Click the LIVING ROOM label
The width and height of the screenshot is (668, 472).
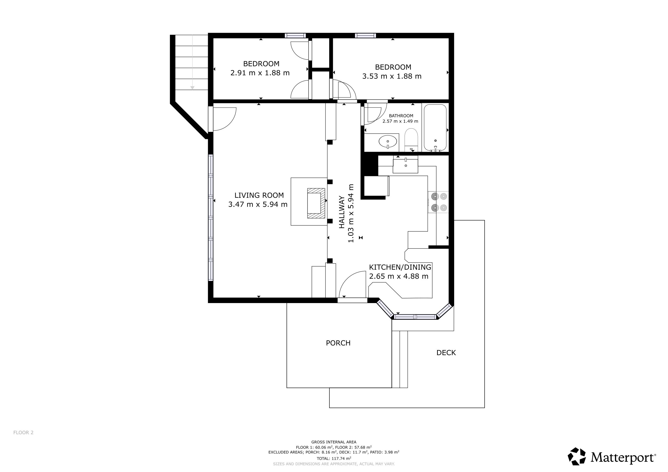point(259,195)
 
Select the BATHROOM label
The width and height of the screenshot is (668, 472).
point(401,116)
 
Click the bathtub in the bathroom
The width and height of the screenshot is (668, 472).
point(435,128)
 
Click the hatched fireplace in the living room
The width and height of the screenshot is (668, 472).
point(316,203)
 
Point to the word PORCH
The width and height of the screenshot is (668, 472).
point(338,343)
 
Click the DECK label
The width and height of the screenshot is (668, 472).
point(446,353)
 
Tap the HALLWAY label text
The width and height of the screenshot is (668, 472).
point(342,212)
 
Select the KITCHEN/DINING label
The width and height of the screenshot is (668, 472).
point(400,267)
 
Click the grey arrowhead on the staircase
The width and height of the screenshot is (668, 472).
point(192,88)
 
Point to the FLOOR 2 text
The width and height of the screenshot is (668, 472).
point(23,432)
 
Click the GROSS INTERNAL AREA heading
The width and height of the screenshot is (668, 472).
point(334,442)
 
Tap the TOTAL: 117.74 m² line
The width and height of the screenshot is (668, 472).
point(334,459)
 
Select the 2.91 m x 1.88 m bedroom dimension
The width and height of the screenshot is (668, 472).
point(260,73)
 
